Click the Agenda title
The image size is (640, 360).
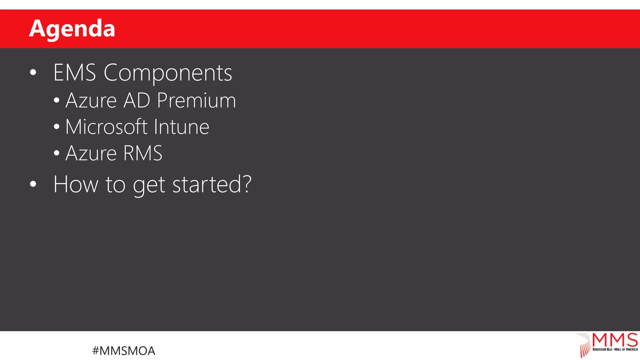72,28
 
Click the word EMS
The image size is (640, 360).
75,73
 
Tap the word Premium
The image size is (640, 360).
196,101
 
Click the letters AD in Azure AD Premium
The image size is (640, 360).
137,101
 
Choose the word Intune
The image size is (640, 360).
181,127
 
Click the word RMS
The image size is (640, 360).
143,153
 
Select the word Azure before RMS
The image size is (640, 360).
91,153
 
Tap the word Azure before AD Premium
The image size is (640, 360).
91,101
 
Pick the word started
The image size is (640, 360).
207,184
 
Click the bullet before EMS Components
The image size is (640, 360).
33,73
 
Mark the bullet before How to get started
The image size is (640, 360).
33,184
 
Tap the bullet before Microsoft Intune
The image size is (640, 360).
57,127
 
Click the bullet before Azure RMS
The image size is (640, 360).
57,153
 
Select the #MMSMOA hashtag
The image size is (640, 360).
124,351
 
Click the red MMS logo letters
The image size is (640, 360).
615,340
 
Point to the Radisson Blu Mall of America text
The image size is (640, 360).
615,349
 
